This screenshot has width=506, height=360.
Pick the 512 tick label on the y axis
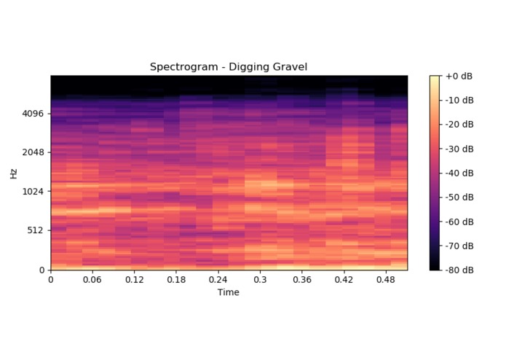[x=36, y=230]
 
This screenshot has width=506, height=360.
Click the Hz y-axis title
[x=14, y=173]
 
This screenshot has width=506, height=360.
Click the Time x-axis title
[x=229, y=292]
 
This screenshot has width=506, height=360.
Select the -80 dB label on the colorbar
[x=460, y=270]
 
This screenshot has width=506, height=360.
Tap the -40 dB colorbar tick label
[x=460, y=173]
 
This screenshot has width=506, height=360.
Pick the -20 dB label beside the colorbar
[x=460, y=125]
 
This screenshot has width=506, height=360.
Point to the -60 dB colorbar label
[x=460, y=222]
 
